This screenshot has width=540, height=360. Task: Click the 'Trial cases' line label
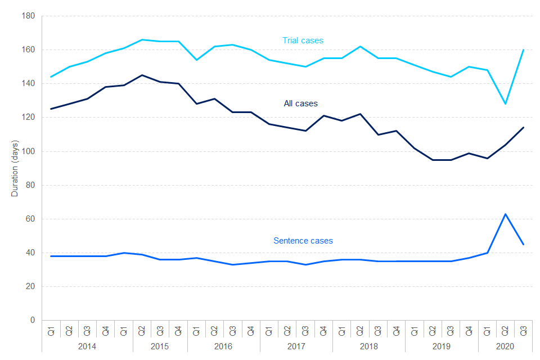pos(303,40)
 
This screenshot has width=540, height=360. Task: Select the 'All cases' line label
pos(300,103)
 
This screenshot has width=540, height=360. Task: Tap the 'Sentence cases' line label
pos(303,241)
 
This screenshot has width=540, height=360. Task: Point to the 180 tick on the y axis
pos(29,16)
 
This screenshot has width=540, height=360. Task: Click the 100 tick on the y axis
pos(29,151)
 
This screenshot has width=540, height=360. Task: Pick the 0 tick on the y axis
pos(33,320)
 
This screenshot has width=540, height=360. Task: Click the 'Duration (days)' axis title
pos(15,168)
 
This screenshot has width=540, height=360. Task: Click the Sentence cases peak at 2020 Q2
pos(505,214)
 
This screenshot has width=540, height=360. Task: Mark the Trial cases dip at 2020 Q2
pos(505,104)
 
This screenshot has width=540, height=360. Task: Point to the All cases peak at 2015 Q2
pos(142,75)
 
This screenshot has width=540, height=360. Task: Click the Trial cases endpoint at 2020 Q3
pos(523,50)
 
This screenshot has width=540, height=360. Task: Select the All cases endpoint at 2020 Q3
pos(523,128)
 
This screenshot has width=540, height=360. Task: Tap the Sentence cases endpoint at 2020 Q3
pos(523,244)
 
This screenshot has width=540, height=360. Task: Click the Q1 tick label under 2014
pos(51,331)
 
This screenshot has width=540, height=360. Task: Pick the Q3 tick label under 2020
pos(523,331)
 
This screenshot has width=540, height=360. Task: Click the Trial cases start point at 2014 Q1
pos(51,77)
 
